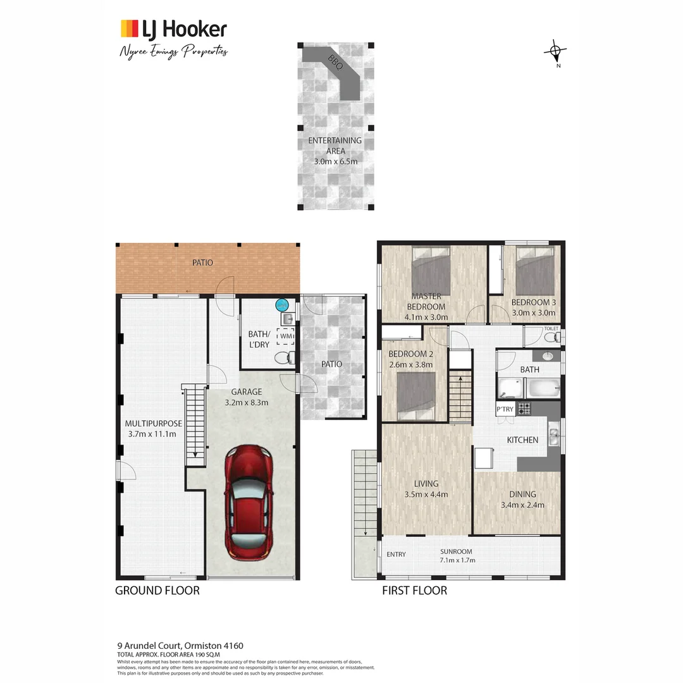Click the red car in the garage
(250, 500)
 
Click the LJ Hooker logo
(173, 29)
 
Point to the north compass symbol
(555, 52)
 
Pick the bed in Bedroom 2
(416, 396)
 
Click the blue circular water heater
(281, 305)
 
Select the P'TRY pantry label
(505, 409)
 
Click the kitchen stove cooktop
(524, 409)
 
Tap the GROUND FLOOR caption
(157, 591)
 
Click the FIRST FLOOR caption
(414, 591)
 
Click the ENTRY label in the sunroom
(396, 555)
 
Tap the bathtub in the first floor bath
(543, 387)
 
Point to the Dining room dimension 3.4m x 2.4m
(522, 505)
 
